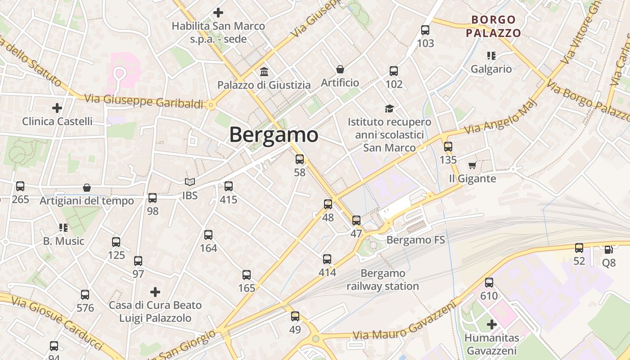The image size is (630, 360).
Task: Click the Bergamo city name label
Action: tap(274, 135)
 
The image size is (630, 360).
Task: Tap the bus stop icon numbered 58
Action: tap(300, 159)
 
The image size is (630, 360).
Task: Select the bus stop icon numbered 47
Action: tap(356, 220)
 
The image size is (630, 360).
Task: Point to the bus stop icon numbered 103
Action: tap(425, 31)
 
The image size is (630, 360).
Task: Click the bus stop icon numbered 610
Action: tap(489, 283)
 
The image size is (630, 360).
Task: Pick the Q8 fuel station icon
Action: tap(608, 249)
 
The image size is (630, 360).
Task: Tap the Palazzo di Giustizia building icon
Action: tap(264, 72)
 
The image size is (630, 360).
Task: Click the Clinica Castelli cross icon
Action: tap(57, 108)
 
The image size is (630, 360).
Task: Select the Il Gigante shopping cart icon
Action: tap(472, 166)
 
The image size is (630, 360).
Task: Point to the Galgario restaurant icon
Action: tap(491, 56)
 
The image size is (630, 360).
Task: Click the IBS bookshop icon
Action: tap(190, 182)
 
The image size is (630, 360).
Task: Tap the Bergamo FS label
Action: tap(415, 240)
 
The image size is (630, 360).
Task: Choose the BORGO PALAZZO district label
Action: tap(493, 26)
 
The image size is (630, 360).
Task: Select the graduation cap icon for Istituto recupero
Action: tap(389, 108)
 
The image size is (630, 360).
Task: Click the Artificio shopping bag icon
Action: tap(340, 69)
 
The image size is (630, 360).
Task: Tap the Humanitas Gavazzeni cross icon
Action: tap(491, 324)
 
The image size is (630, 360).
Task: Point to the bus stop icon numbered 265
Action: tap(20, 186)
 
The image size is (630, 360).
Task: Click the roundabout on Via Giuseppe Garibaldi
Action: tap(211, 105)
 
